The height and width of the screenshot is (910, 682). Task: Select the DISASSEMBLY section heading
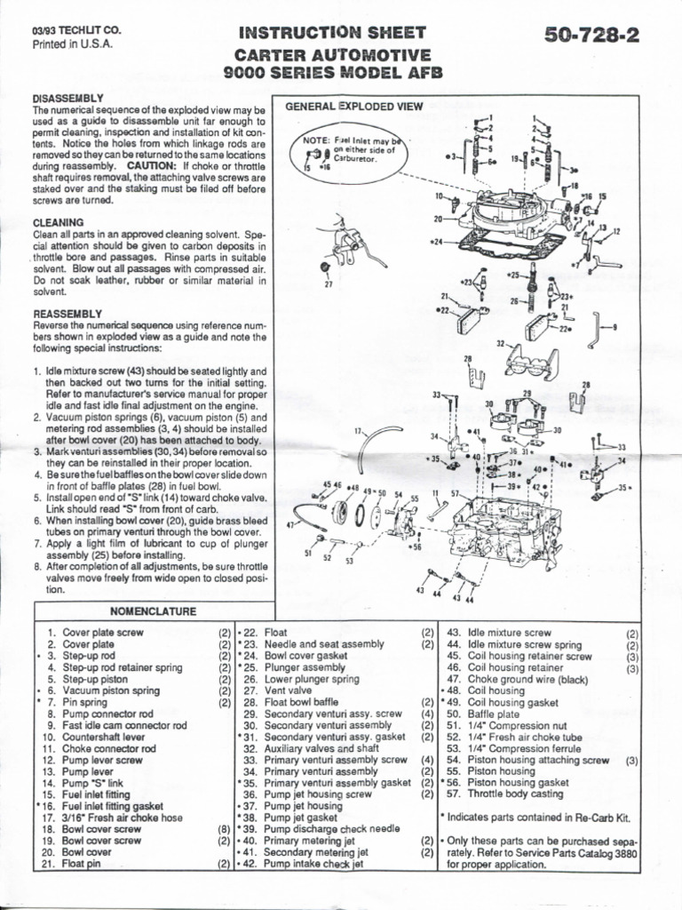(68, 97)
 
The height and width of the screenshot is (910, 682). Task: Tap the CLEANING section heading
(59, 221)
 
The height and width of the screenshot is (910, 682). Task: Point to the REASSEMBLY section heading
(68, 314)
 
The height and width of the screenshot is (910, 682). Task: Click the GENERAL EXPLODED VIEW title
(354, 107)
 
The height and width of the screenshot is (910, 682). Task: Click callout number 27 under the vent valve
(328, 284)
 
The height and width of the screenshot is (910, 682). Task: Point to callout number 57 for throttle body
(455, 493)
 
